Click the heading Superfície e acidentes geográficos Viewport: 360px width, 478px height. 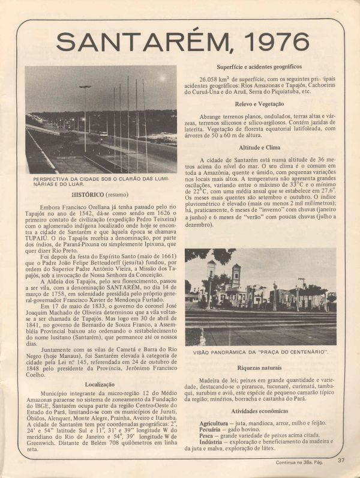click(x=260, y=67)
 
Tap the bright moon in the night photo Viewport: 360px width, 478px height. click(x=161, y=79)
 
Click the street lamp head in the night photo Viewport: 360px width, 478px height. click(x=85, y=86)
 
